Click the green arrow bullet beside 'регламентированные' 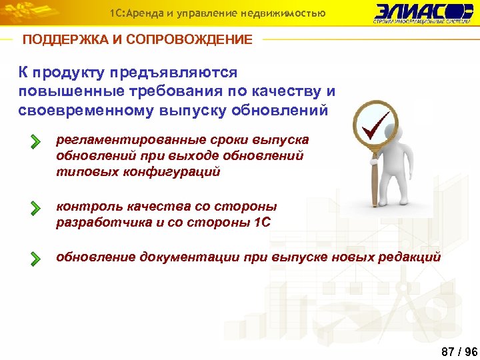(35, 142)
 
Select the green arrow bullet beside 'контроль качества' (35, 209)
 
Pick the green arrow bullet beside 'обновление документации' (35, 259)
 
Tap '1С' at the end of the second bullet (263, 223)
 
